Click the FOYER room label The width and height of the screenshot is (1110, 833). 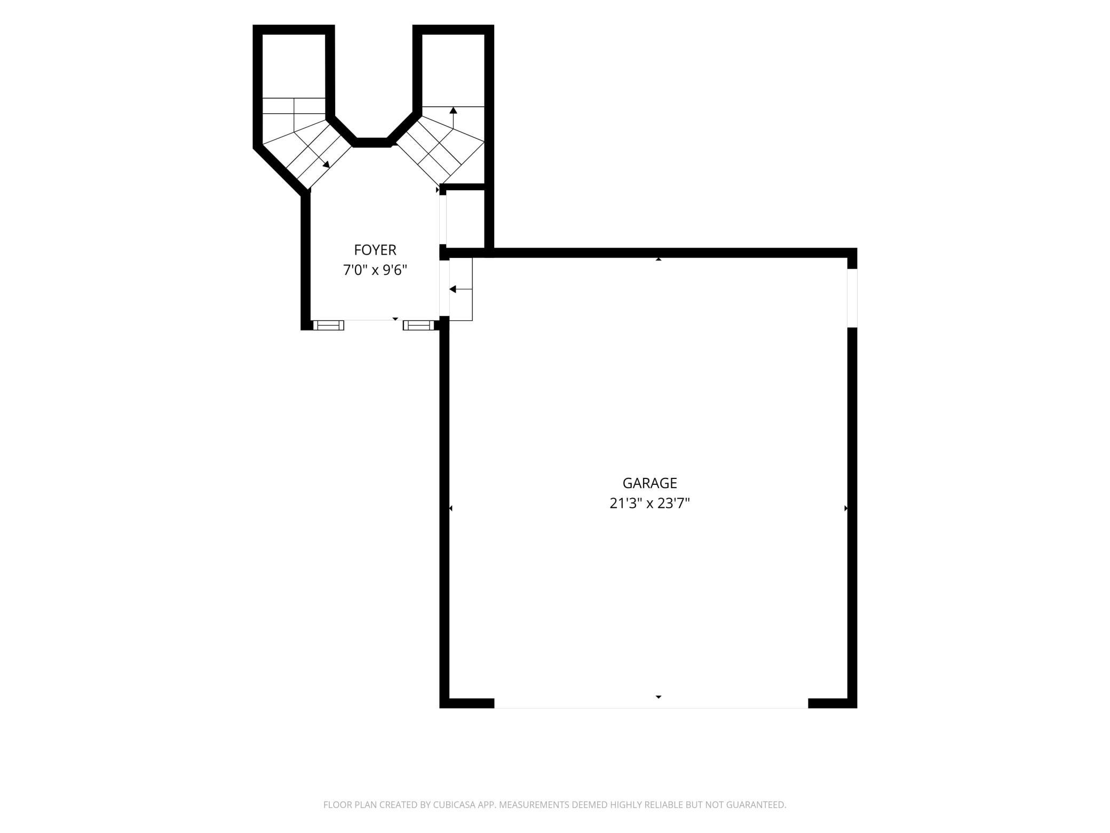375,250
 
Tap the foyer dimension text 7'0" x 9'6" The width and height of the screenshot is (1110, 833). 375,270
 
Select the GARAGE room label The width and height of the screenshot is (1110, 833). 649,483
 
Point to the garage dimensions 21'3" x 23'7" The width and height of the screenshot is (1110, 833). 649,503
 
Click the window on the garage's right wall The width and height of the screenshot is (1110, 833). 852,297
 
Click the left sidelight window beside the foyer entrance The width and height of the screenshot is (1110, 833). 328,325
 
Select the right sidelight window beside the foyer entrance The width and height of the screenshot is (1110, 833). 418,325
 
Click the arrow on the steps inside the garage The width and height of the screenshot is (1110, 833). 461,289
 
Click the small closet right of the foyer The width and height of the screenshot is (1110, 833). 465,219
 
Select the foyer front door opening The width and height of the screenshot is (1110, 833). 374,320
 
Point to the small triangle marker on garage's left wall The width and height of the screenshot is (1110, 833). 451,508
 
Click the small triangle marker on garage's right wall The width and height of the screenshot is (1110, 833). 846,508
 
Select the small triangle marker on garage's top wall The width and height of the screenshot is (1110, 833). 659,259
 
